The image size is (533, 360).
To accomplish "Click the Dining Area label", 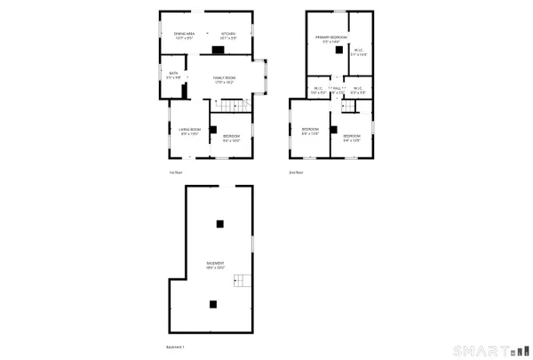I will (x=183, y=36).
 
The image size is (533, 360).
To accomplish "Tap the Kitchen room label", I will (x=228, y=36).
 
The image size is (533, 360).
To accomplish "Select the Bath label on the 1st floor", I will (x=174, y=76).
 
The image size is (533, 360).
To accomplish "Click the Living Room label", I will (x=189, y=132).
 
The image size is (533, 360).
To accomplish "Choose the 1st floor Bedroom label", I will (x=232, y=136).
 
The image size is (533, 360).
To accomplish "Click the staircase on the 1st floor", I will (x=229, y=108).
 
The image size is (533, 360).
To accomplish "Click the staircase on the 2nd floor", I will (x=348, y=107).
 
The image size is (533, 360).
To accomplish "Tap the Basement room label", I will (x=215, y=265).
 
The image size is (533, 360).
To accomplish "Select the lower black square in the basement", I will (x=213, y=304).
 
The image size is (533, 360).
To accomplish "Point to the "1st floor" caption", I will (x=176, y=172).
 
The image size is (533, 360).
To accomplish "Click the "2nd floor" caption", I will (x=296, y=172).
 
